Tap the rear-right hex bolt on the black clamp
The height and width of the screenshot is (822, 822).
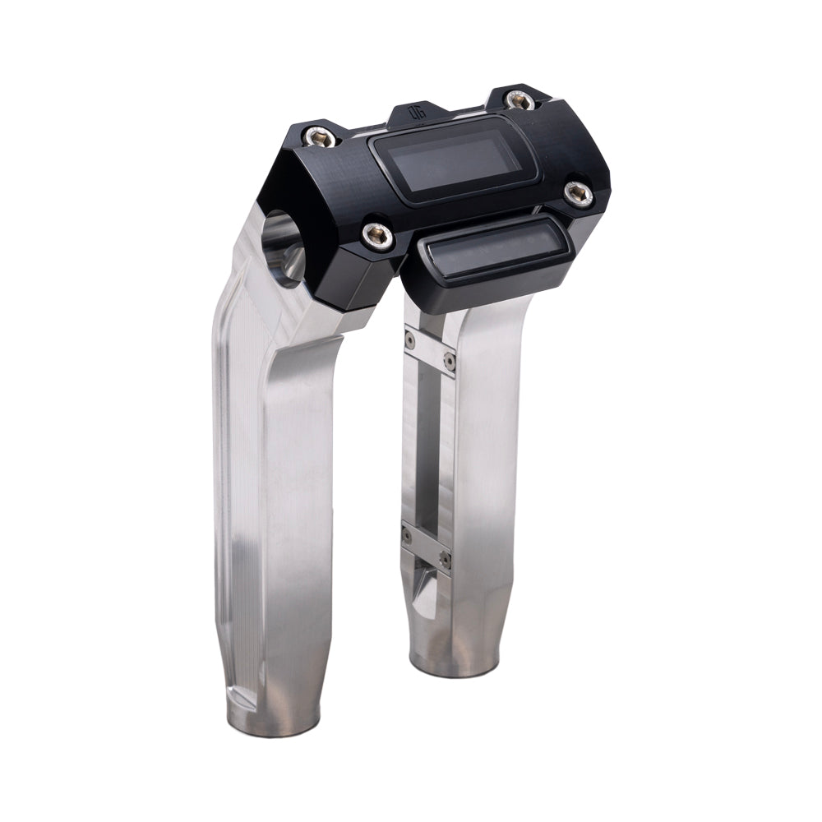520,100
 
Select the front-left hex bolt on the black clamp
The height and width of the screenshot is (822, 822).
378,236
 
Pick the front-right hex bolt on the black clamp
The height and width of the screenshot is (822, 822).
579,193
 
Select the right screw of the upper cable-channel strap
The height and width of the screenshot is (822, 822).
449,359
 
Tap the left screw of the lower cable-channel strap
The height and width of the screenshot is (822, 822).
407,536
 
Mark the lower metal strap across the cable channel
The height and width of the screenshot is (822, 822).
426,547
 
